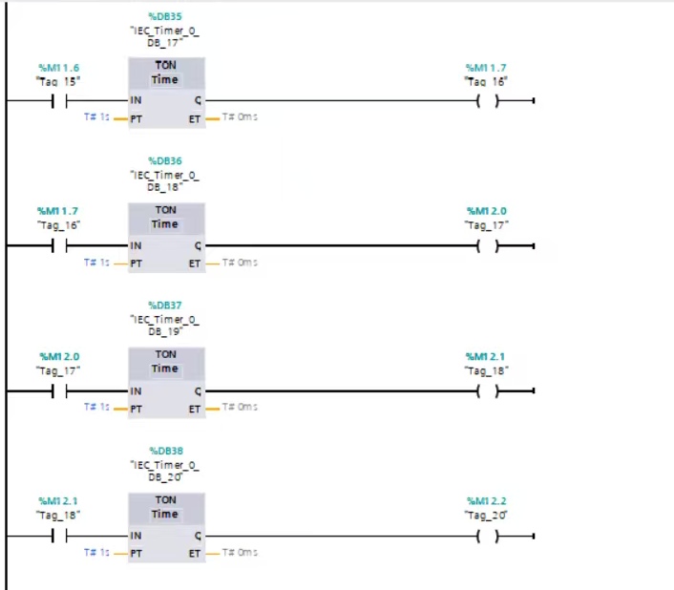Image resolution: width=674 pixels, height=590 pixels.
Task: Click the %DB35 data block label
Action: pos(165,16)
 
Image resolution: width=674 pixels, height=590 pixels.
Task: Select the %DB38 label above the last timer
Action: pos(166,451)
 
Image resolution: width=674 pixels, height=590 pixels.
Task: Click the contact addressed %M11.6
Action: pos(59,101)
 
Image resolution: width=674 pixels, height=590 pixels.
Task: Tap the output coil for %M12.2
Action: pos(488,536)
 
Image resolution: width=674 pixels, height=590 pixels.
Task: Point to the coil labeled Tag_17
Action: pos(488,245)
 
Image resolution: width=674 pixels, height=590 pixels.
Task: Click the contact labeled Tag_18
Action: pos(59,536)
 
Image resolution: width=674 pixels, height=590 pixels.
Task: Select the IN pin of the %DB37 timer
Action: pos(136,391)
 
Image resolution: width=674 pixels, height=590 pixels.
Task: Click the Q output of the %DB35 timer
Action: pos(198,100)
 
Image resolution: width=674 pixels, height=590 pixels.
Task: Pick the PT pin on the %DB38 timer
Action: pos(137,554)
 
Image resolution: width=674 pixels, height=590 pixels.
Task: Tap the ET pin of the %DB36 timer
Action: pos(195,263)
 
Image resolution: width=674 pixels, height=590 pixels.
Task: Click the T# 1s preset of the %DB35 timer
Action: pos(96,116)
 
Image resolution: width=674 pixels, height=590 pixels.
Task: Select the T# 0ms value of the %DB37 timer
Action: pos(240,407)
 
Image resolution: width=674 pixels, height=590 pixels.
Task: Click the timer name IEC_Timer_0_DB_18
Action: pos(164,180)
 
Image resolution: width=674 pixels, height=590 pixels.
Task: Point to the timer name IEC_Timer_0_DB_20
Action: pos(164,471)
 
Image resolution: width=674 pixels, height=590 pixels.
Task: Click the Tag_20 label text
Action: pos(486,515)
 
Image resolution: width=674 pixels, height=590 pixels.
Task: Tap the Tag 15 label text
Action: pos(58,81)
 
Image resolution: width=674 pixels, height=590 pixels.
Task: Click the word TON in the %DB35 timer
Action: pos(165,65)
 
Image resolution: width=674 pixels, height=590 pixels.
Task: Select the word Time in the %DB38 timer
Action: pos(164,514)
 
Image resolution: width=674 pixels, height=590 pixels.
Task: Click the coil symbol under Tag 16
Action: pos(488,101)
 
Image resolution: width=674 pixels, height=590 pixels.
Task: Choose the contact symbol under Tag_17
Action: pos(59,391)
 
